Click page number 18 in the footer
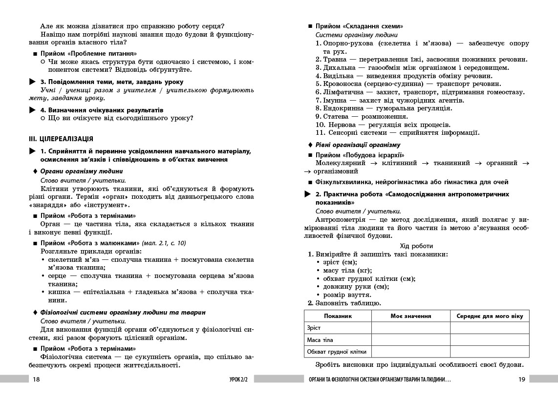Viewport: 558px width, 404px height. pos(36,379)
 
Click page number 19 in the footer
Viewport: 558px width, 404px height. pos(521,379)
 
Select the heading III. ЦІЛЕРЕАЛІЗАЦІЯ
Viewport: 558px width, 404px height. pos(61,139)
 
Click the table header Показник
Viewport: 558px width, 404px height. pos(337,316)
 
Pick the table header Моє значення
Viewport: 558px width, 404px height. pos(410,316)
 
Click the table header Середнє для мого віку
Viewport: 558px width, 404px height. pos(490,316)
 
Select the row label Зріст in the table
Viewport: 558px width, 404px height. pos(314,328)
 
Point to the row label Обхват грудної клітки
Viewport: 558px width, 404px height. pos(337,352)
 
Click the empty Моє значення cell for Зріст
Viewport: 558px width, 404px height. pos(410,328)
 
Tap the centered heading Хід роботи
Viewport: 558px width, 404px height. pos(416,246)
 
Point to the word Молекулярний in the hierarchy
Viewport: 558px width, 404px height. pos(341,163)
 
